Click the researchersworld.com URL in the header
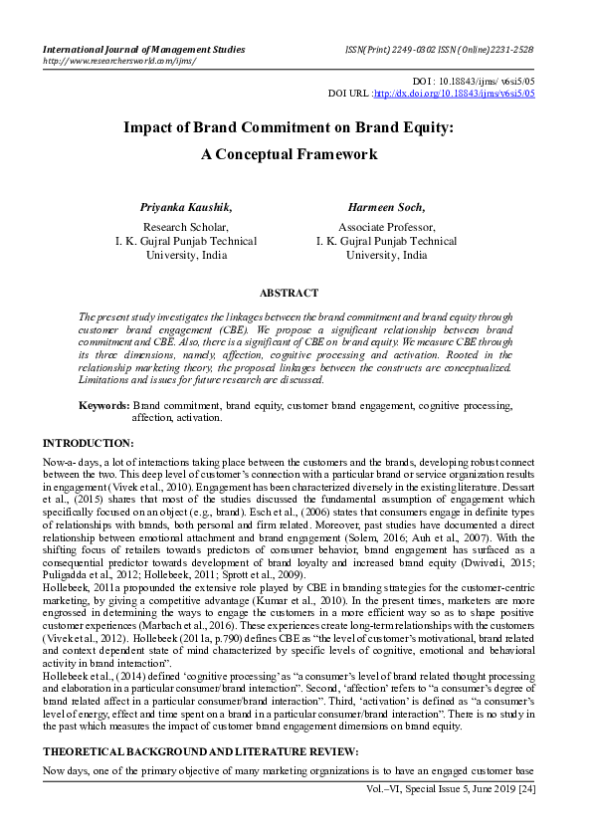click(118, 60)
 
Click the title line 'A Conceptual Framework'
click(289, 155)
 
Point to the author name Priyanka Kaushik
click(187, 207)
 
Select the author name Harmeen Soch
click(386, 207)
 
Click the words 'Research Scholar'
click(186, 227)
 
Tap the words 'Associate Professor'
click(386, 227)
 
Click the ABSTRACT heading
click(289, 293)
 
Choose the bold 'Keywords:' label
click(103, 406)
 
